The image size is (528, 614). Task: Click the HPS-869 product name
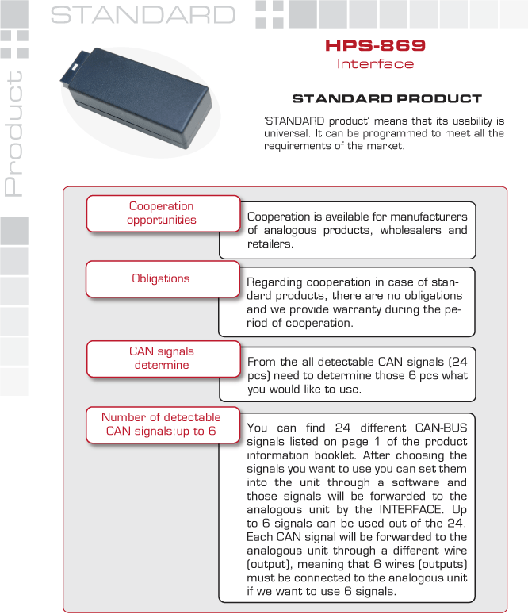[375, 46]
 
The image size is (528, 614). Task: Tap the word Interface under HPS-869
[375, 63]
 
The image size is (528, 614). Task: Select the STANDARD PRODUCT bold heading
[387, 99]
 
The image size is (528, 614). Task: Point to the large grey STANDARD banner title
[143, 15]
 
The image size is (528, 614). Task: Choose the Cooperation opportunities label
[162, 213]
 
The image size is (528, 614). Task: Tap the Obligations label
[161, 278]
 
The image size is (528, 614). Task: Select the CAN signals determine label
[162, 358]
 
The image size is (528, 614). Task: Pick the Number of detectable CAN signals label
[162, 424]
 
